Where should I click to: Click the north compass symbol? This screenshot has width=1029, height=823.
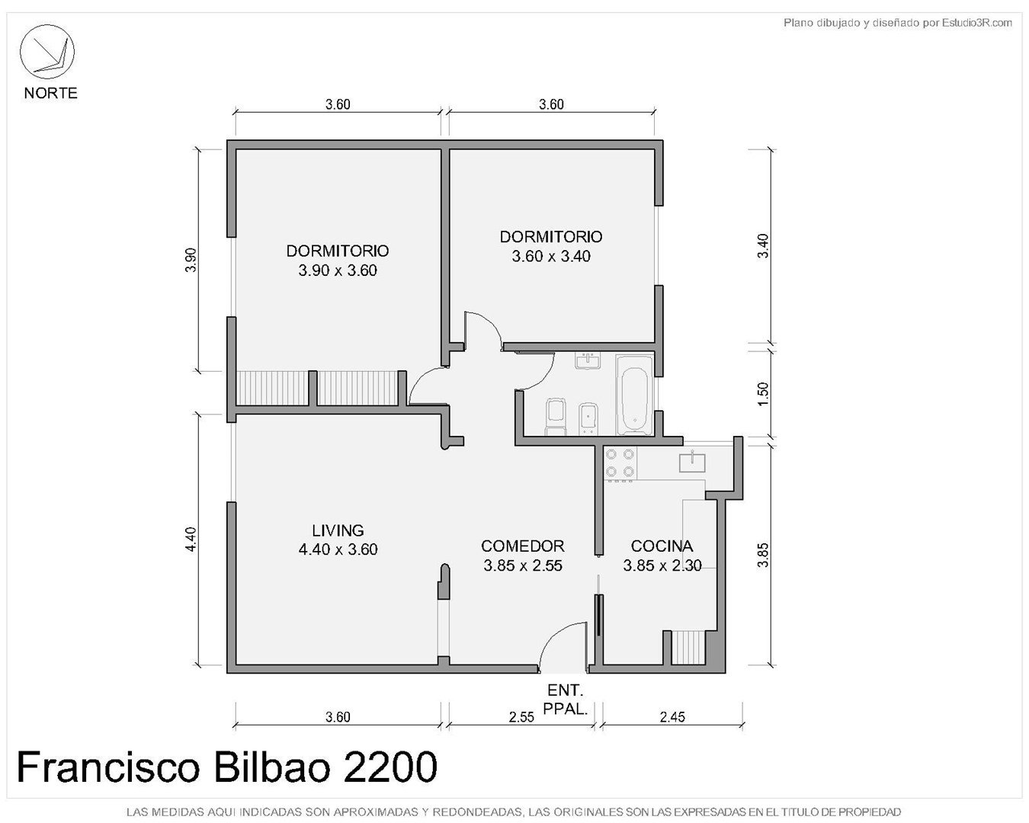[46, 52]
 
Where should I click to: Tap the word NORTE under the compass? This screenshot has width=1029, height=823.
[50, 93]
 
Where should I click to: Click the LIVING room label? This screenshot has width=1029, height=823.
[338, 530]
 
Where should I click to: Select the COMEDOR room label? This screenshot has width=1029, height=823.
[523, 546]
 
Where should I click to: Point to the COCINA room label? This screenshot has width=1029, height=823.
[662, 546]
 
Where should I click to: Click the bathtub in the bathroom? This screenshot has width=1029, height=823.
[634, 395]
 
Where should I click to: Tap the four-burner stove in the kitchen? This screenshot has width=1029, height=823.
[620, 463]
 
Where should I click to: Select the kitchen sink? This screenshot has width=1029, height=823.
[692, 462]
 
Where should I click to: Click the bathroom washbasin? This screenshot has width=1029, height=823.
[588, 361]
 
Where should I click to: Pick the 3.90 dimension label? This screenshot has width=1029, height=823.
[191, 260]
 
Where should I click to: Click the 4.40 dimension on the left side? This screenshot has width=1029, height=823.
[191, 539]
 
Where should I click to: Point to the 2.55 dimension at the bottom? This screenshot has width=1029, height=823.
[521, 717]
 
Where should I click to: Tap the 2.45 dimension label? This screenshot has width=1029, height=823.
[672, 717]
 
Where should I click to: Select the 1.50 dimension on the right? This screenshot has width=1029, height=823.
[763, 394]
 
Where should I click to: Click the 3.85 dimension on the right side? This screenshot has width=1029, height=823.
[763, 555]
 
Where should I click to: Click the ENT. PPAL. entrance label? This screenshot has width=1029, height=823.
[565, 700]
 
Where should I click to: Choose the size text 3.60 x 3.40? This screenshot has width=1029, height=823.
[551, 256]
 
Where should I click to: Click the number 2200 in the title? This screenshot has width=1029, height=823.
[389, 767]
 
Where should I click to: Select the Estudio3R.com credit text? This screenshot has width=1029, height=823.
[977, 22]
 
